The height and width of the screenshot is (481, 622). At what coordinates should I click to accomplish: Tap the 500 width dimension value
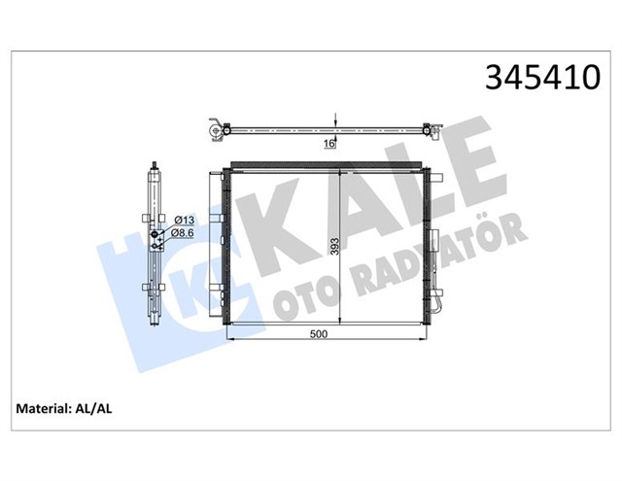317,334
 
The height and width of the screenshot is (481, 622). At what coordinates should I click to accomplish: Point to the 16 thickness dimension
328,144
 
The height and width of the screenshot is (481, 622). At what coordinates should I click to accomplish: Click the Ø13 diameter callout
183,220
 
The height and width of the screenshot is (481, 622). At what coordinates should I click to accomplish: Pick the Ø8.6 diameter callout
183,233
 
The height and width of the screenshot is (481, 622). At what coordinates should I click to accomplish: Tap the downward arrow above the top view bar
335,120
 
